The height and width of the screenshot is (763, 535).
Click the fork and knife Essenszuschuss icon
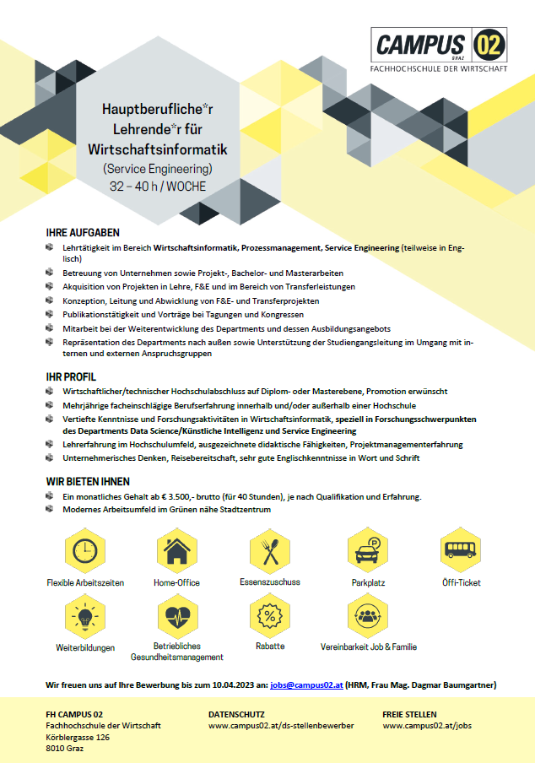point(270,552)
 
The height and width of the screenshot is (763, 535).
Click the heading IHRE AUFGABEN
point(83,232)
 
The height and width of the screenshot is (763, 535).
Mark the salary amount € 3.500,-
point(181,497)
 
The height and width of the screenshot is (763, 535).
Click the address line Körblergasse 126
point(78,737)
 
